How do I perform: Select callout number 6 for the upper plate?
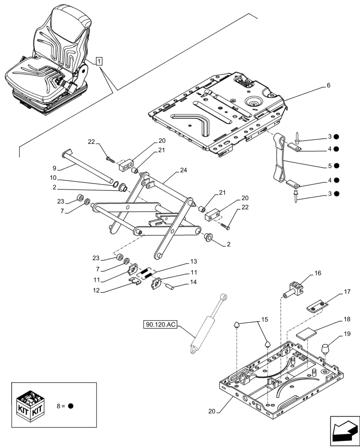[328, 85]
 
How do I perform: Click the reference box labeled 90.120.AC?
[160, 324]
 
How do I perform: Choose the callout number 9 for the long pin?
[54, 168]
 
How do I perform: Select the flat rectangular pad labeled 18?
[307, 334]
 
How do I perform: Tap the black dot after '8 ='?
[71, 406]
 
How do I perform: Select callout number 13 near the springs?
[193, 261]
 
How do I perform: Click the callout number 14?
[193, 282]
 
